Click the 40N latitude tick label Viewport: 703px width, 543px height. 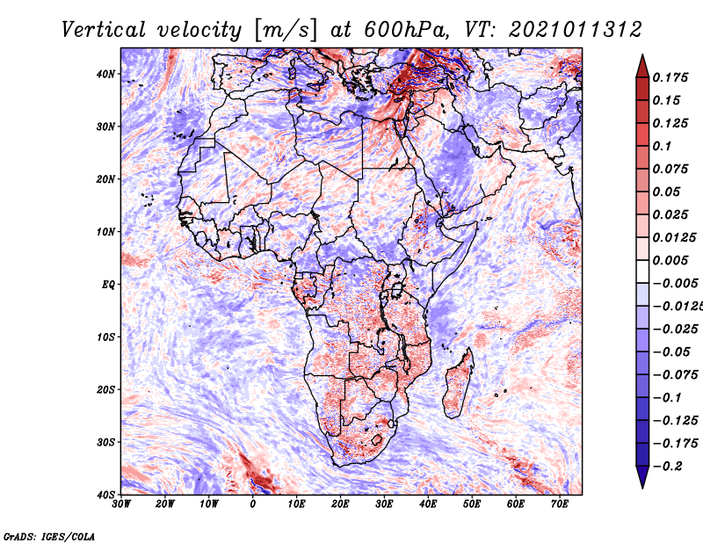pos(105,74)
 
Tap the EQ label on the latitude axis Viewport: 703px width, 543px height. pos(108,285)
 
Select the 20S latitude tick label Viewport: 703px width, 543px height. pos(105,389)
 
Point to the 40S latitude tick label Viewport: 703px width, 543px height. pos(105,495)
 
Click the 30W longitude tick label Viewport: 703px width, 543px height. pos(121,504)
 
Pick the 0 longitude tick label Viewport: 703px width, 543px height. pos(253,504)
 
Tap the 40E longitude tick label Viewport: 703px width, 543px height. pos(428,504)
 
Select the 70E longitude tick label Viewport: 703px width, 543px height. pos(560,504)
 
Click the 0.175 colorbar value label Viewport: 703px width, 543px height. pos(670,77)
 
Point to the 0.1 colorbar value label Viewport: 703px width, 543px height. pos(663,146)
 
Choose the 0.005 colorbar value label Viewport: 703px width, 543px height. pos(670,260)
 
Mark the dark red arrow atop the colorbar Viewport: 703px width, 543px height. pos(642,68)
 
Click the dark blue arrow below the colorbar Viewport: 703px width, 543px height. pos(642,477)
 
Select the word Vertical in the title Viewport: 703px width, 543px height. pos(104,30)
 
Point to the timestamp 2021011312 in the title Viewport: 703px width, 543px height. pos(576,30)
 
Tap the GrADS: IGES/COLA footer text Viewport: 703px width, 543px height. pos(49,537)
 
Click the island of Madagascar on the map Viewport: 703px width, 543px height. pos(458,383)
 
